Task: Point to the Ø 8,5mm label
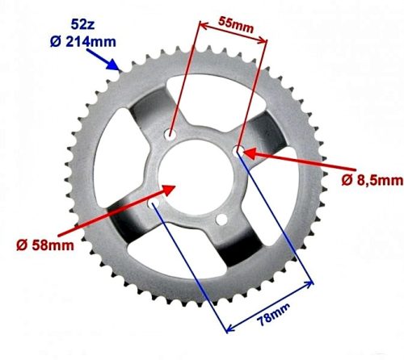click(368, 180)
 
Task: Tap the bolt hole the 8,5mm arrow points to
click(239, 150)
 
